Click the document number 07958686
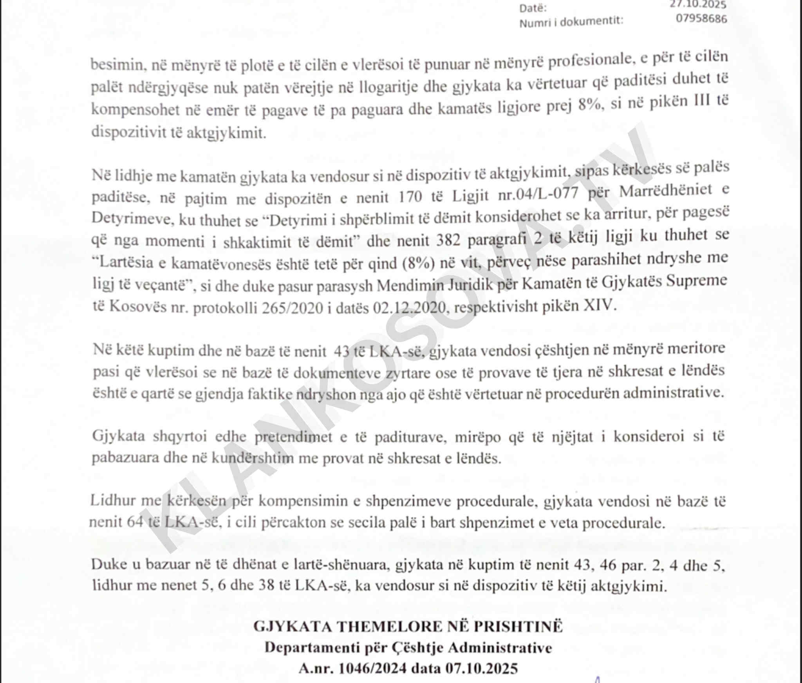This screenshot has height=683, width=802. (x=701, y=18)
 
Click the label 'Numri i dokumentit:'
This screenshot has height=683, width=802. (x=571, y=21)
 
